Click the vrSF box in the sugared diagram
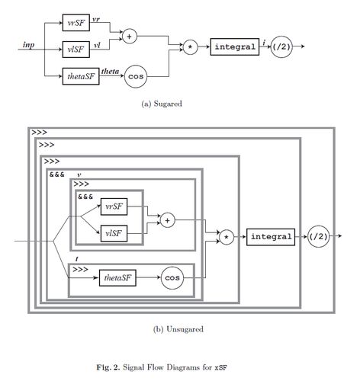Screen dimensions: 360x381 point(76,23)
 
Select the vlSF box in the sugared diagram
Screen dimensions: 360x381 point(76,50)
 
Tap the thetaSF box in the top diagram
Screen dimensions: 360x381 point(81,76)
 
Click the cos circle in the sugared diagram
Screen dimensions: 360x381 point(136,76)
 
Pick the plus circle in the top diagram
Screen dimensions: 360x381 point(130,37)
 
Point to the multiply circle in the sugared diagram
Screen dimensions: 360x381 point(190,47)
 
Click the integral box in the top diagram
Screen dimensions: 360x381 point(235,46)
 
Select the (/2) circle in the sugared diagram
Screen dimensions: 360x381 point(281,46)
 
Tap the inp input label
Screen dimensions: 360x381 point(28,45)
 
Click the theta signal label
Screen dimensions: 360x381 point(110,71)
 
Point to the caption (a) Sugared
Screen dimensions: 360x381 point(162,104)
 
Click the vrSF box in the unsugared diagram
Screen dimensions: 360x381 point(114,207)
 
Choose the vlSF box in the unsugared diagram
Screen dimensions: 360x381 point(114,233)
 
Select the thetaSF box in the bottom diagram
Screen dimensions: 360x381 point(117,277)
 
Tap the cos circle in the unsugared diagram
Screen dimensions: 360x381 point(172,278)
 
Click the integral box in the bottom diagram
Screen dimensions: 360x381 point(271,237)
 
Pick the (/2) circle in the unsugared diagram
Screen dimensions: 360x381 point(318,236)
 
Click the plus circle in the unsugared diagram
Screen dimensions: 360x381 point(168,220)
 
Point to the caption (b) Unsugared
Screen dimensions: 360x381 point(178,329)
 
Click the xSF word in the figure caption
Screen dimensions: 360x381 point(220,367)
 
